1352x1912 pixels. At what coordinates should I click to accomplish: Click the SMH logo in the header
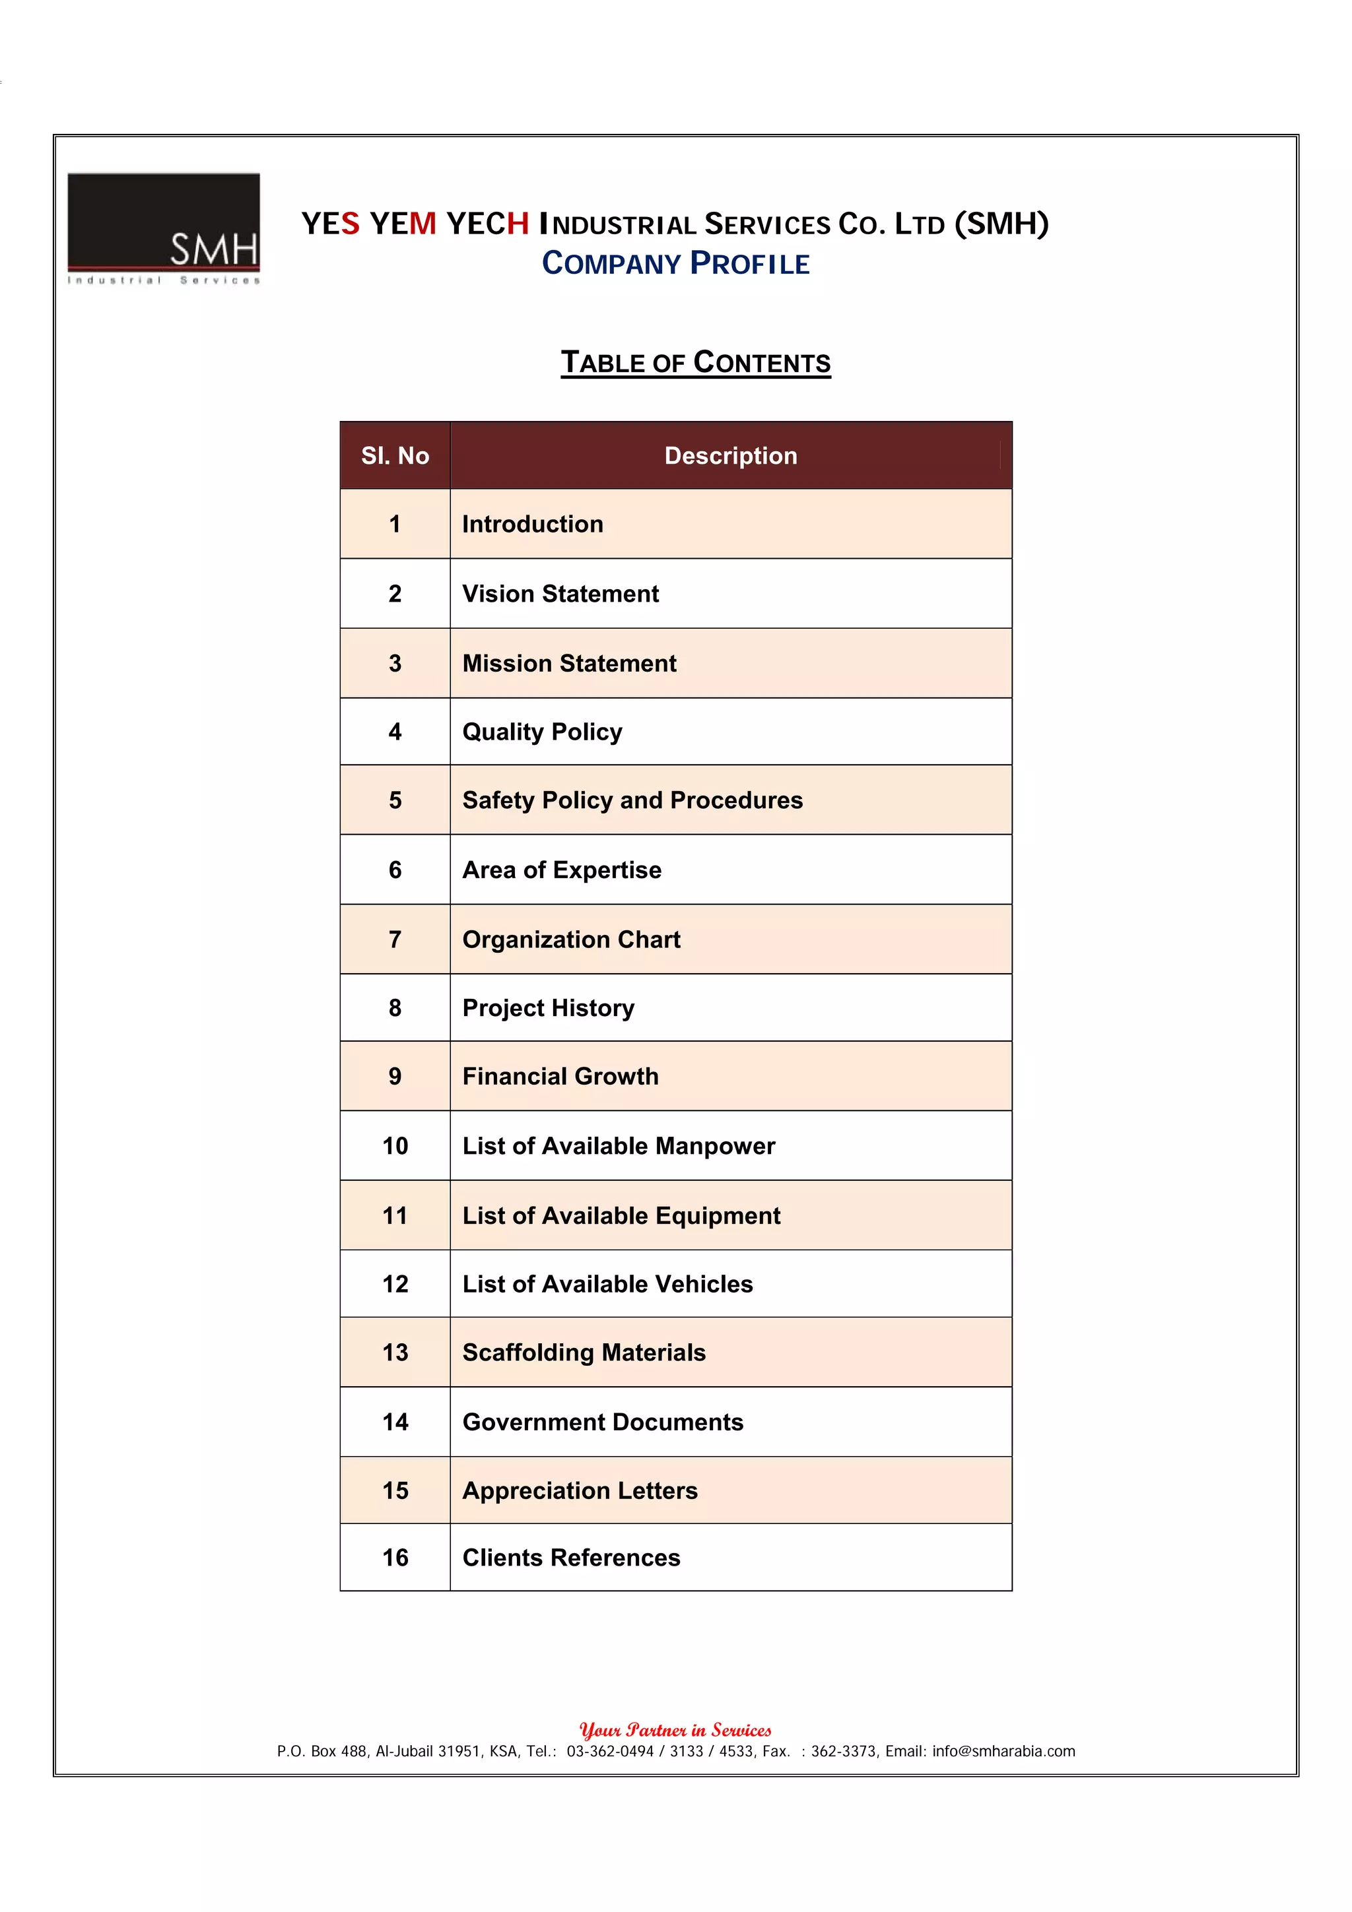(x=163, y=228)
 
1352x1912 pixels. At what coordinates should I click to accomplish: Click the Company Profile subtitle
(x=675, y=264)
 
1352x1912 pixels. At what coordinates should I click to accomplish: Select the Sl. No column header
(x=395, y=455)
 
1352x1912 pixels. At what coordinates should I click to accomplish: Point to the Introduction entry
(x=532, y=524)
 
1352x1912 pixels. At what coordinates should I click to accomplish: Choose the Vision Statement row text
(x=560, y=594)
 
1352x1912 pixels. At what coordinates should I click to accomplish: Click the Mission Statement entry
(x=569, y=664)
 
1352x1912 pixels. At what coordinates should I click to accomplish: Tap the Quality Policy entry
(x=541, y=732)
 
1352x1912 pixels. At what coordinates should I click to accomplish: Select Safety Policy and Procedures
(x=632, y=800)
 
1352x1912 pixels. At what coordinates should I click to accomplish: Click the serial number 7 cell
(x=395, y=940)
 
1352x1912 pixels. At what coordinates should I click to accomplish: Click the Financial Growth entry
(x=560, y=1077)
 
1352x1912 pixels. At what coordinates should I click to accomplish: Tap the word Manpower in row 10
(x=715, y=1147)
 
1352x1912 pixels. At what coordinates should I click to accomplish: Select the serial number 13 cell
(x=395, y=1353)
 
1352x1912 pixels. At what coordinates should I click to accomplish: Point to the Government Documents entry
(x=602, y=1422)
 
